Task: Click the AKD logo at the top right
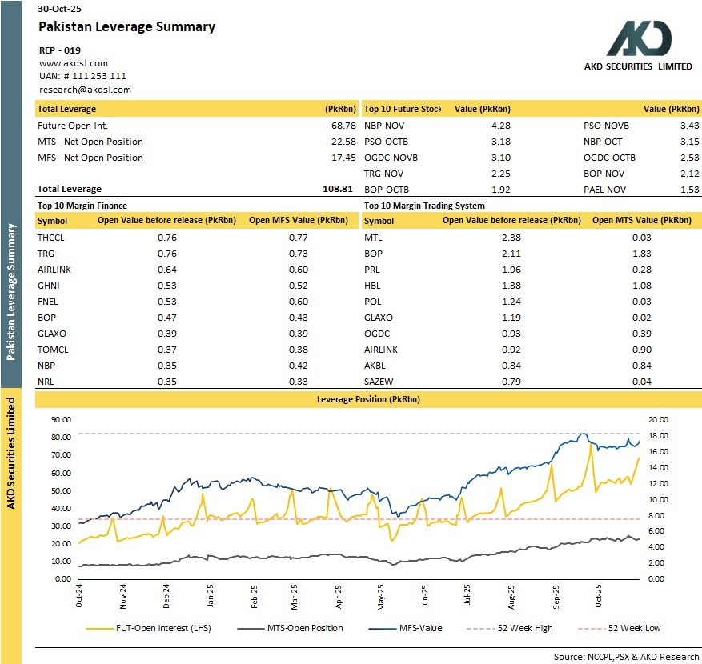pyautogui.click(x=639, y=38)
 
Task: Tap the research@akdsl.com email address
pyautogui.click(x=85, y=90)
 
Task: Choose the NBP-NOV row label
pyautogui.click(x=381, y=126)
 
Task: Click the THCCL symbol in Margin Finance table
pyautogui.click(x=51, y=238)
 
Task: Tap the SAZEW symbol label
pyautogui.click(x=379, y=382)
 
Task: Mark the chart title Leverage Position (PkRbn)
pyautogui.click(x=368, y=398)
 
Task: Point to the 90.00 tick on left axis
pyautogui.click(x=62, y=419)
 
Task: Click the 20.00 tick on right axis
pyautogui.click(x=657, y=419)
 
